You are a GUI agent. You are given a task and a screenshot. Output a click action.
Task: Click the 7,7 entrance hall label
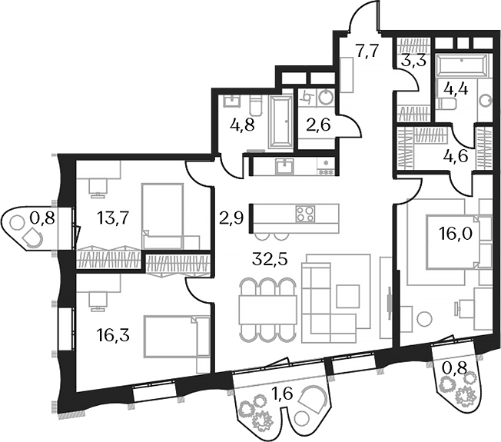(x=367, y=52)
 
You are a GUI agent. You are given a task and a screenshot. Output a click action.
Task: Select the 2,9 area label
(x=231, y=218)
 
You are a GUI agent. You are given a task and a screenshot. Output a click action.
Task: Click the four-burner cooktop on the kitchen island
(x=304, y=213)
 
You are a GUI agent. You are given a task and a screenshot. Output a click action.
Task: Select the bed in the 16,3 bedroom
(x=176, y=335)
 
